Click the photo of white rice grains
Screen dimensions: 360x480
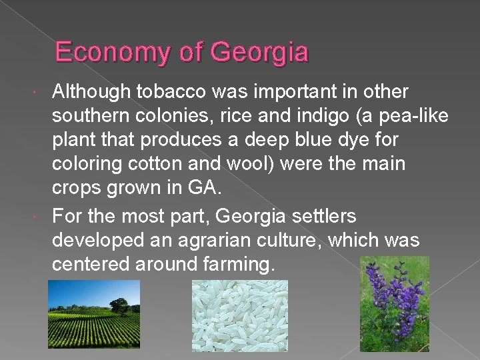point(239,315)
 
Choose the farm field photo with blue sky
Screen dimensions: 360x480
point(93,313)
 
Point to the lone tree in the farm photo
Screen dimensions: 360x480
point(120,306)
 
